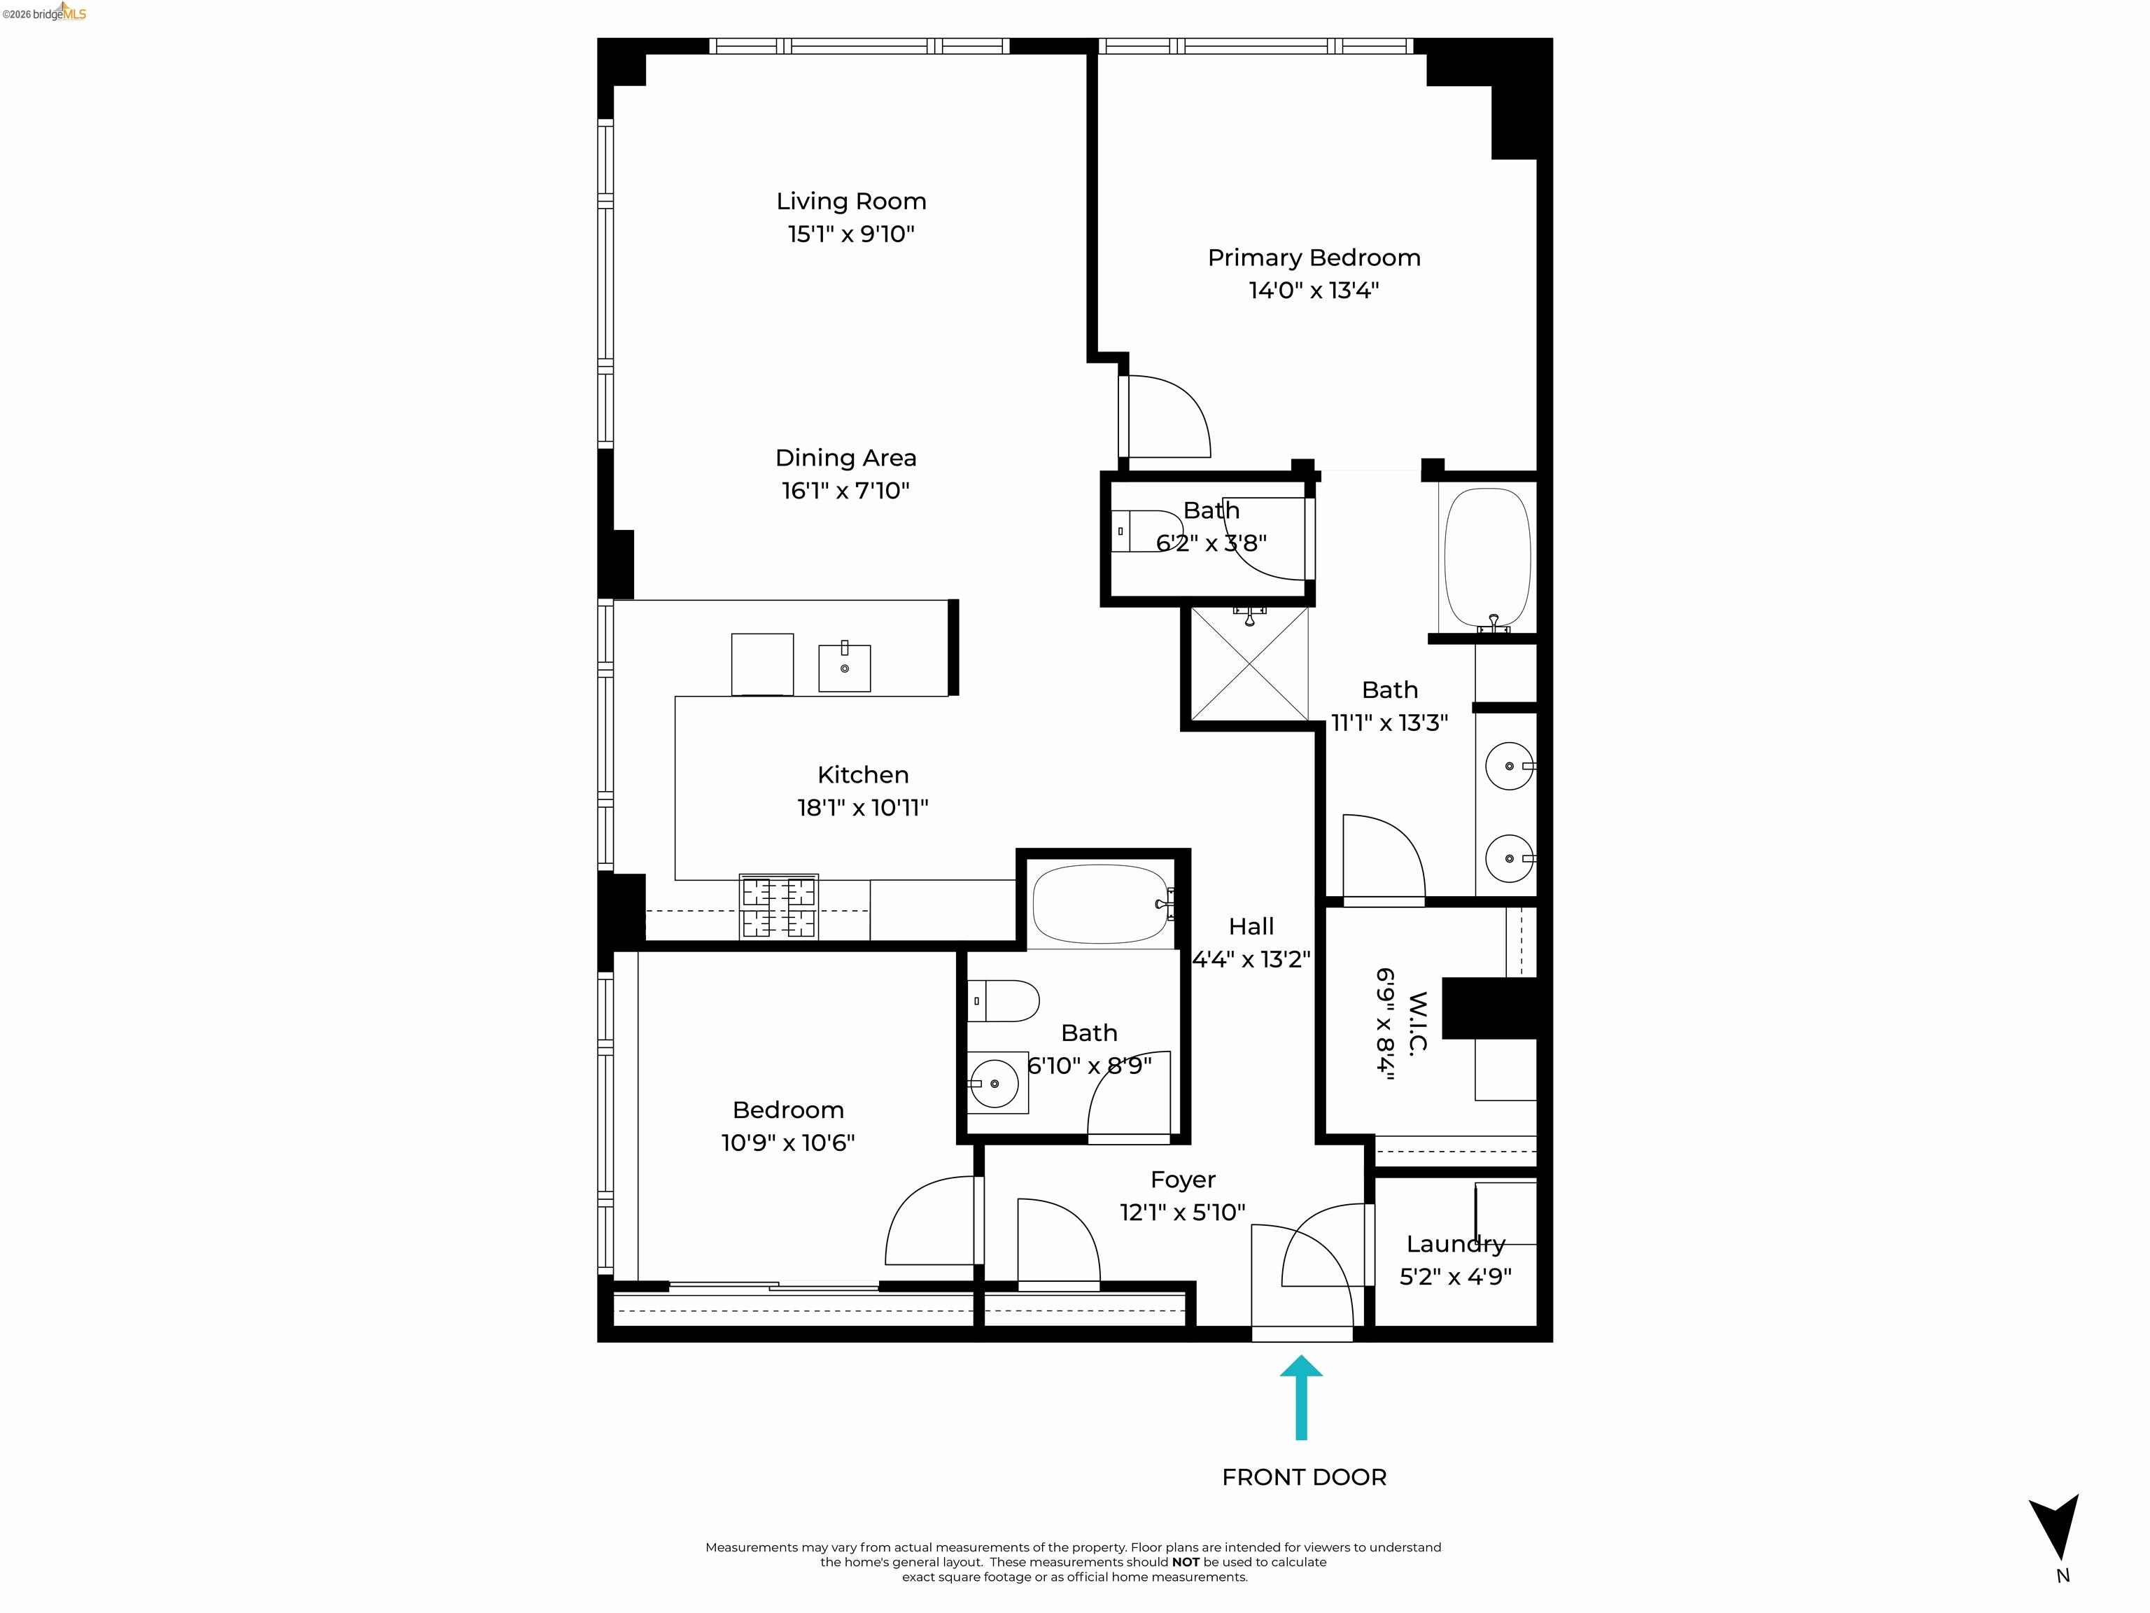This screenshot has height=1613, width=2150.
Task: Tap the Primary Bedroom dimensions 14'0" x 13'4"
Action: tap(1313, 291)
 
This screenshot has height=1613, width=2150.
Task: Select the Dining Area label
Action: tap(845, 458)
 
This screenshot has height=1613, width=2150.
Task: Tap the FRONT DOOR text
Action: tap(1303, 1477)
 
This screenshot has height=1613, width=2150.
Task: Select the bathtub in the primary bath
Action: tap(1487, 557)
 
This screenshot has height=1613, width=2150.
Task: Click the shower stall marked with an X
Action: tap(1249, 665)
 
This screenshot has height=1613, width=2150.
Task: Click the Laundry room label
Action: tap(1455, 1245)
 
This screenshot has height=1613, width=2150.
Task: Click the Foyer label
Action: tap(1183, 1180)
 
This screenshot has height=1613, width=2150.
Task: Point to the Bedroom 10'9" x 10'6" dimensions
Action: tap(787, 1143)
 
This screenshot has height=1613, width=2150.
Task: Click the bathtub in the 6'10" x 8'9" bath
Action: tap(1099, 905)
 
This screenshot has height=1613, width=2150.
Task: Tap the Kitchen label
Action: tap(863, 775)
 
